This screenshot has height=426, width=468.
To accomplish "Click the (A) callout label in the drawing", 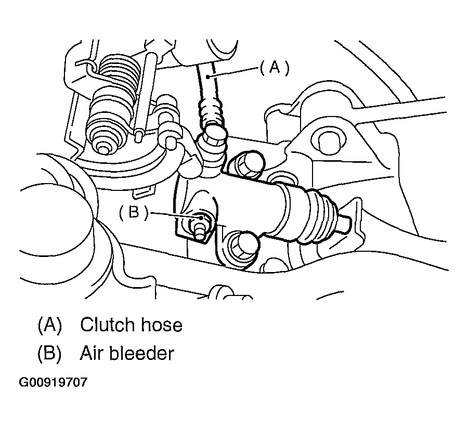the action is tap(275, 68).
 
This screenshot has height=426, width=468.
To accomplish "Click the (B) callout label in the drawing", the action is tap(134, 213).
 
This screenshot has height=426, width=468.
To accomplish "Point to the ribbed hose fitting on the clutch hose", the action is tap(211, 110).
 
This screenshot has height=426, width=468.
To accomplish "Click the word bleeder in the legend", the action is tap(141, 354).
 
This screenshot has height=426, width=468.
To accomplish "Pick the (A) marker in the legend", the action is tap(49, 325).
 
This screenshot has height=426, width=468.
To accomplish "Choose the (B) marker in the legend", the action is tap(49, 354).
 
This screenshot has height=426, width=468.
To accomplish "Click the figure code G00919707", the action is tap(53, 382).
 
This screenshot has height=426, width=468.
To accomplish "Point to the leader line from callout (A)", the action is tap(232, 72).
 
